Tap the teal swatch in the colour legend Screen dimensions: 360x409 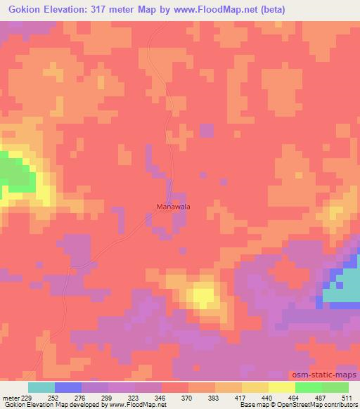pos(41,387)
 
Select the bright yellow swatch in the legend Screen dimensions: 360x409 pos(281,387)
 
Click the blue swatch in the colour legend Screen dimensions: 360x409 pos(67,387)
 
